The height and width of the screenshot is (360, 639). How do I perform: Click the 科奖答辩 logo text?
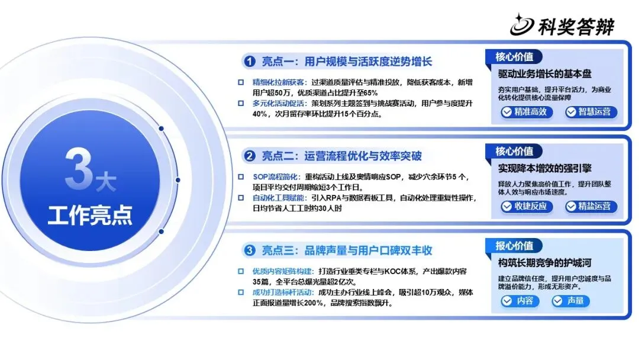(576, 27)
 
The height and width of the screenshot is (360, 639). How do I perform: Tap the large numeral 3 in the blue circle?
(79, 168)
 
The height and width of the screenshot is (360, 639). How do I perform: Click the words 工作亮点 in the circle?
(90, 215)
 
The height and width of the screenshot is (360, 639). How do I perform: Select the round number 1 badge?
(249, 62)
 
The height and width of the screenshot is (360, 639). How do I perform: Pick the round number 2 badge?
(249, 156)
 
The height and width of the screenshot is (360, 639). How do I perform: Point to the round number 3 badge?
(249, 250)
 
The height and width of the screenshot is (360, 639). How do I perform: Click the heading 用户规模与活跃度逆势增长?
(368, 62)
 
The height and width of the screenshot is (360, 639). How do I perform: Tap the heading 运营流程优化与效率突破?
(363, 156)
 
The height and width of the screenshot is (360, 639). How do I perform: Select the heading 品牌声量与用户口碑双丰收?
(368, 250)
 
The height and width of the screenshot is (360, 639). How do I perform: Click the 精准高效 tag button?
(527, 112)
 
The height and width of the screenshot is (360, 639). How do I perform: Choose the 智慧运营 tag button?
(591, 112)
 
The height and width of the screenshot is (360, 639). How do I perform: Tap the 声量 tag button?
(570, 301)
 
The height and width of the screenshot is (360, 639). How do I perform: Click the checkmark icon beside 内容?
(506, 301)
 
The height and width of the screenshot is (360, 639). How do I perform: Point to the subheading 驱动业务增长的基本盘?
(544, 74)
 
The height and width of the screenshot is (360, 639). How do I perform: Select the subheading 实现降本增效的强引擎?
(544, 168)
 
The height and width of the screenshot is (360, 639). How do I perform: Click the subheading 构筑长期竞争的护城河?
(544, 263)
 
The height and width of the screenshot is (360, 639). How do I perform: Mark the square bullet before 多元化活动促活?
(241, 104)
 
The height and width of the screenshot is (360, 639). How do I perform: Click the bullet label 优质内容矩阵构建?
(282, 271)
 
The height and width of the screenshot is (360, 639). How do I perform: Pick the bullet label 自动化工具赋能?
(278, 198)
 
